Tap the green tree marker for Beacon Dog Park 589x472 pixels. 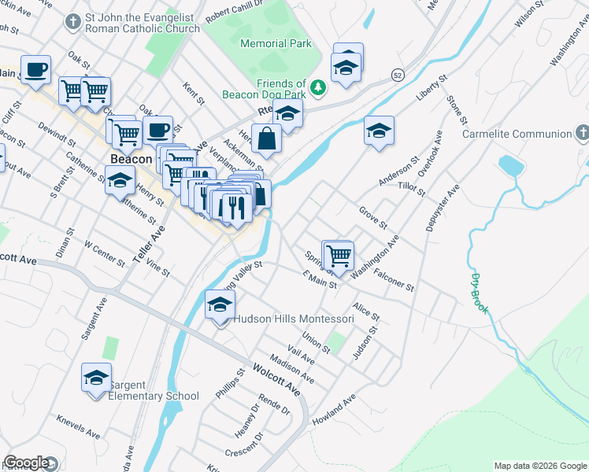click(318, 87)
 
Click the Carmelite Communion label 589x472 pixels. click(516, 135)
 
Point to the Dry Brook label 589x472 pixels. click(480, 293)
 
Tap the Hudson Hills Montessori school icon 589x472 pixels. click(220, 305)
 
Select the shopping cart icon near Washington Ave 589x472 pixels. click(339, 255)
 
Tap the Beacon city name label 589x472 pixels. click(131, 159)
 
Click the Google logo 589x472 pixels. click(27, 463)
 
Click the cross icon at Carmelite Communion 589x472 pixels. click(581, 134)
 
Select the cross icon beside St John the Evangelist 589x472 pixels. click(73, 22)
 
